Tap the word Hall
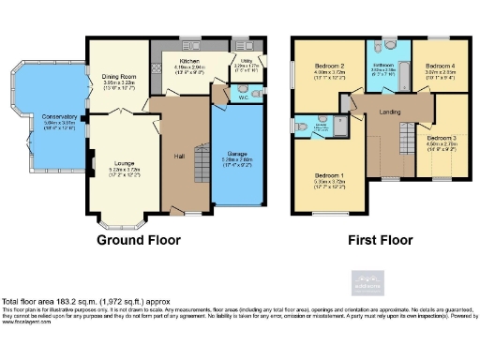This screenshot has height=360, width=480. coord(180,156)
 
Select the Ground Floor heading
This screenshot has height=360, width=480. coord(138,240)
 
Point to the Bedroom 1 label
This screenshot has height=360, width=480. coord(329,175)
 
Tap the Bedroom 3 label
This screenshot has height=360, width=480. coord(442,138)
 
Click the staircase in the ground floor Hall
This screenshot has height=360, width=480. coord(201,163)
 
